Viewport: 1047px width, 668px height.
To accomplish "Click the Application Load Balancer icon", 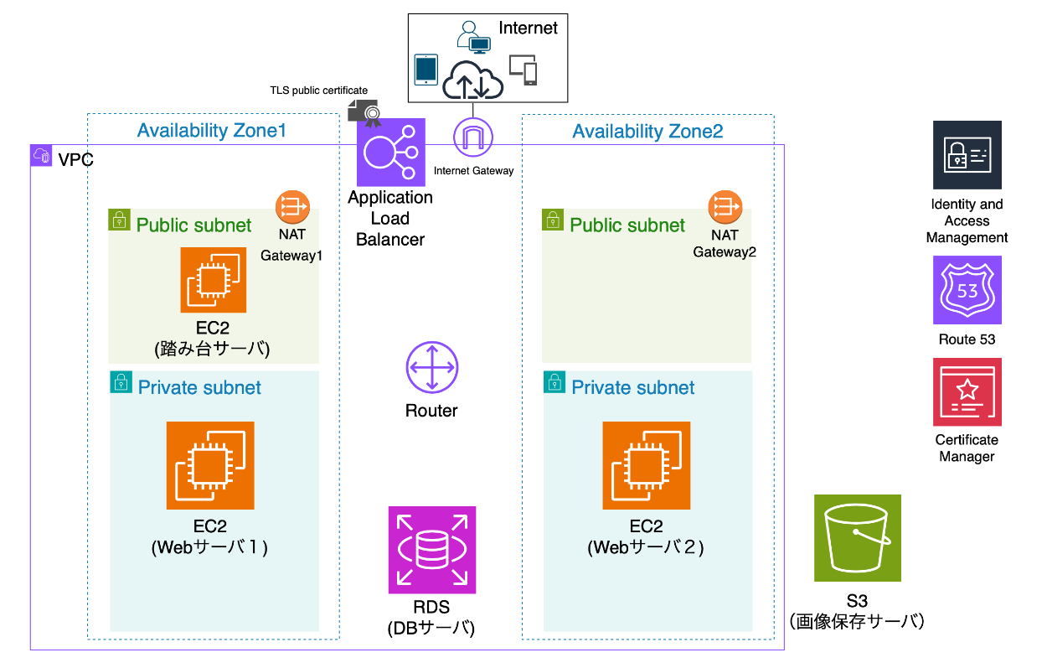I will coord(391,152).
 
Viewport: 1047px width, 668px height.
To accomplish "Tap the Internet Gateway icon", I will coord(473,137).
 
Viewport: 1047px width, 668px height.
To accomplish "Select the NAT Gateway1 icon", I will coord(292,206).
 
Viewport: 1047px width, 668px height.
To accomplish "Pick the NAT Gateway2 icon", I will coord(725,206).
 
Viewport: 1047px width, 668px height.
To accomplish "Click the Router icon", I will coord(431,369).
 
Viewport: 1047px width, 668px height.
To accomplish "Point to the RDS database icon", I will coord(431,550).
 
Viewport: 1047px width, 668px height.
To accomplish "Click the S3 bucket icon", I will coord(857,537).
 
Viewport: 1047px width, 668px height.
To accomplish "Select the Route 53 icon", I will coord(967,290).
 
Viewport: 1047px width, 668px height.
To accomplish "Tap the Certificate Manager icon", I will coord(967,391).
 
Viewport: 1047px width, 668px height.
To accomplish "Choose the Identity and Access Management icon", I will coord(967,155).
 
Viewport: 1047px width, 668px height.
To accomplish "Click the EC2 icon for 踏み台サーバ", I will coord(214,280).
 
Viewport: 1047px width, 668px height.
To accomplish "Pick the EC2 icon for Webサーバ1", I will coord(210,465).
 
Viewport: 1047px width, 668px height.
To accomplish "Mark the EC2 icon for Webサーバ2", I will coord(646,465).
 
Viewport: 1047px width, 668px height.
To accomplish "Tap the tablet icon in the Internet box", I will coord(426,70).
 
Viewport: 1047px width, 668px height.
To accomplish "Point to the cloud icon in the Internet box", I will coord(473,80).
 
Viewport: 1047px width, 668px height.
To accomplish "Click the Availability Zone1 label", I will coord(212,131).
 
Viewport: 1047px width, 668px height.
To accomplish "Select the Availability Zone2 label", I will coord(647,131).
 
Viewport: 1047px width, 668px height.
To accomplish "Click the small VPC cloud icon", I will coord(41,155).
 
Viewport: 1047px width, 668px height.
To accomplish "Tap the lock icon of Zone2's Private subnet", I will coord(554,382).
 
